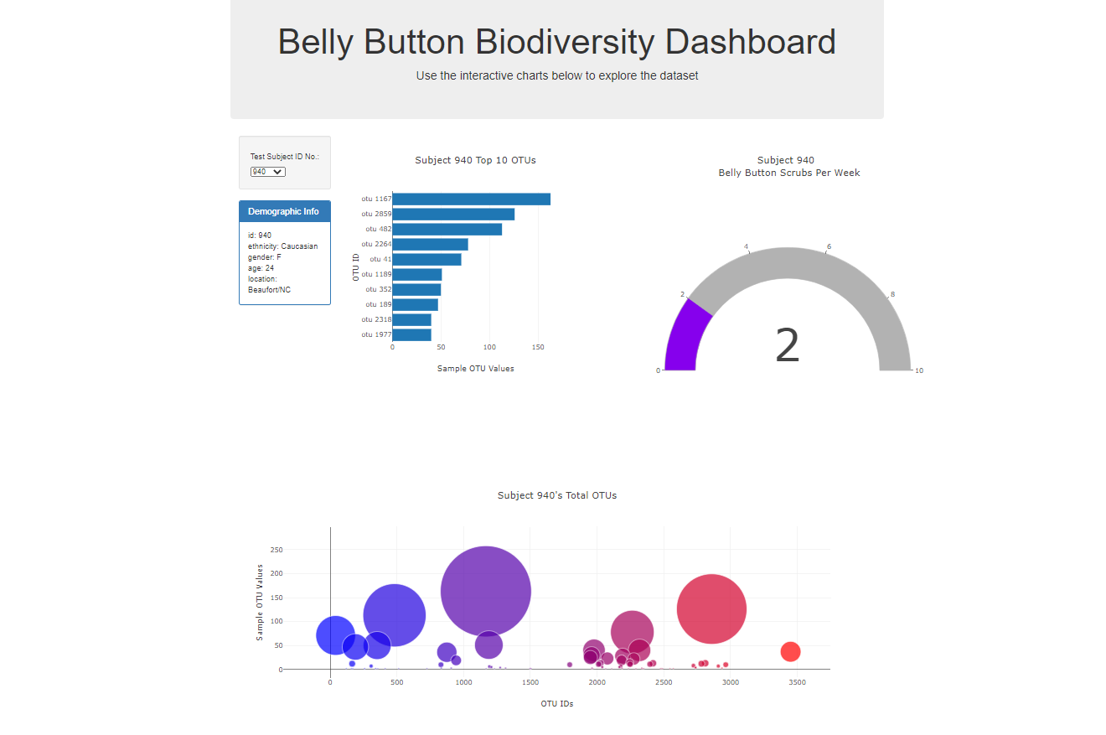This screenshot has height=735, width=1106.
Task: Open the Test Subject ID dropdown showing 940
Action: coord(267,172)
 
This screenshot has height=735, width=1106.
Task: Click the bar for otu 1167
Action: coord(471,199)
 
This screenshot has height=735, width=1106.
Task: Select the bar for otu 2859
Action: coord(453,215)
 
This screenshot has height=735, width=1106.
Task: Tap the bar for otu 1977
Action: coord(411,334)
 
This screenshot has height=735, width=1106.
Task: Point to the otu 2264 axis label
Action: coord(376,244)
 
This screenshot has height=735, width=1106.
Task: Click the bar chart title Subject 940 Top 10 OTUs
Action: coord(475,160)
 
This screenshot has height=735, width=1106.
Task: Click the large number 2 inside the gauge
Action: coord(787,346)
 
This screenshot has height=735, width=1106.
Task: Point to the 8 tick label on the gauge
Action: coord(892,294)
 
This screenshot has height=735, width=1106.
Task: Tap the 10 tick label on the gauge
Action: coord(919,370)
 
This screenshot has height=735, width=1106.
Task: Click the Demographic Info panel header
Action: coord(284,211)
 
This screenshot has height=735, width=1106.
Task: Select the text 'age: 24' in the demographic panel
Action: coord(261,268)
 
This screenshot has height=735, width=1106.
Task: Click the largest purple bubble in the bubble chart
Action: coord(485,591)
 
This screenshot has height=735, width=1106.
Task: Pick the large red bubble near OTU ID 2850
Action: coord(711,608)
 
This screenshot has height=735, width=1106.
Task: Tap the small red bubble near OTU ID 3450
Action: coord(790,651)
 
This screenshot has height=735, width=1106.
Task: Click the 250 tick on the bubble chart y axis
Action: coord(276,550)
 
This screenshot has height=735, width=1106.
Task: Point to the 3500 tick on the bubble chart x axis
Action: coord(797,683)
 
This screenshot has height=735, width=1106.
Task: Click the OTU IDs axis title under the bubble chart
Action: coord(556,704)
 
